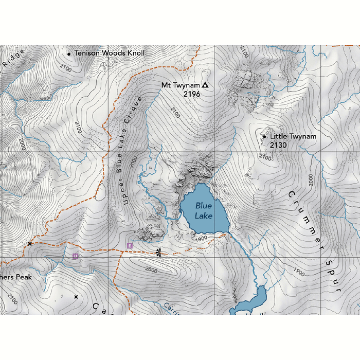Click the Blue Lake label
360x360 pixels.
203,210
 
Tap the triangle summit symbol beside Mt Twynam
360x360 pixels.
205,85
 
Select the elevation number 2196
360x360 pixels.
191,94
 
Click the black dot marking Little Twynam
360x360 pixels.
264,136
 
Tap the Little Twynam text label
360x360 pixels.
293,136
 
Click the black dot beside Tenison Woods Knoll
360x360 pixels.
69,53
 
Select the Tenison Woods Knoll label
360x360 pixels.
109,53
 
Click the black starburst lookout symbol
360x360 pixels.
158,252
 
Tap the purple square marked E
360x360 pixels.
130,246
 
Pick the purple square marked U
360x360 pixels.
75,256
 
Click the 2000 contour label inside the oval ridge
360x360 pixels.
151,269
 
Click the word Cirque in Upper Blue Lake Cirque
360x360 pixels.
133,110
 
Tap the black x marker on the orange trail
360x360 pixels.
30,243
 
